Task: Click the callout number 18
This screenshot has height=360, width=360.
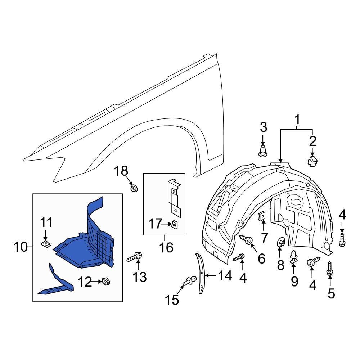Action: pos(121,171)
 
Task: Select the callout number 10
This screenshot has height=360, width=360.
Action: pos(21,247)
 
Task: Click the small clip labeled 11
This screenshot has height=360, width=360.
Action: pos(46,244)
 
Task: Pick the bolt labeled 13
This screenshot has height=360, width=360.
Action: pos(136,257)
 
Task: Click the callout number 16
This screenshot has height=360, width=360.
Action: pos(166,247)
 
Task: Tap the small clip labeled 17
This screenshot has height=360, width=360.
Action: pos(174,225)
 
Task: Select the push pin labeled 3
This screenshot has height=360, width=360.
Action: pos(263,150)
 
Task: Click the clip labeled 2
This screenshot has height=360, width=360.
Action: pos(312,160)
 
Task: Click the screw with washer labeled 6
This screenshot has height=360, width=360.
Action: pos(247,239)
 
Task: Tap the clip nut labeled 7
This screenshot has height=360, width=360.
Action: pos(262,215)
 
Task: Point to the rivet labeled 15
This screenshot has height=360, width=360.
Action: pos(189,281)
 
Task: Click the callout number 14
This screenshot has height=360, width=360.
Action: pos(225,276)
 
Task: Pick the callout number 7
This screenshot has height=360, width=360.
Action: pos(265,238)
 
